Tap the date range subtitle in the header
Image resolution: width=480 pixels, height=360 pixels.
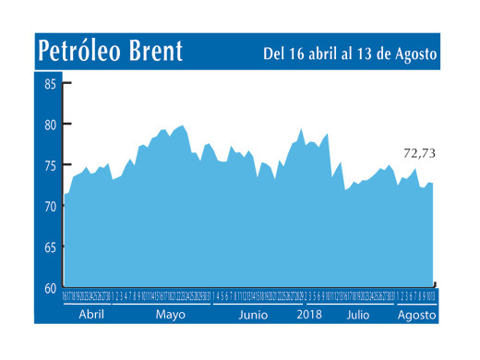[350, 54]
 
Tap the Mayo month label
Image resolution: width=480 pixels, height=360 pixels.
[170, 315]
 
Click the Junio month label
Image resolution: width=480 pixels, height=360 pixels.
[253, 315]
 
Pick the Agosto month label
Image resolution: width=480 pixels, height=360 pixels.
[414, 315]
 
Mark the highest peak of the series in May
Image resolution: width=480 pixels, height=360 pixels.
[182, 126]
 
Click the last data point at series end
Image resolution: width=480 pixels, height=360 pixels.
[433, 184]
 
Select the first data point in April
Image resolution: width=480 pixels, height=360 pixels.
[65, 195]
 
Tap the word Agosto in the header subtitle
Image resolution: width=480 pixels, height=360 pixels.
[414, 54]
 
